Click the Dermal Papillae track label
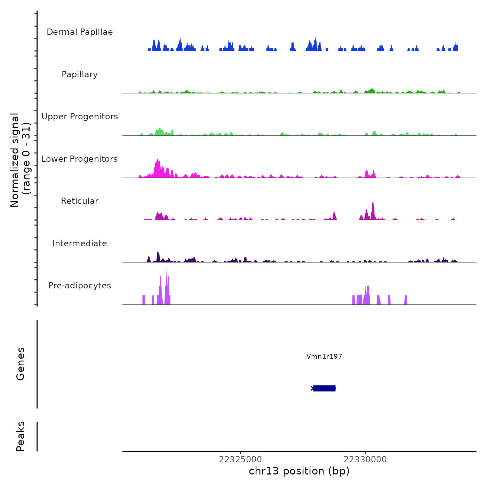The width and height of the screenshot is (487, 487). click(80, 32)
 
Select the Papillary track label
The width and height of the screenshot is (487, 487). click(80, 74)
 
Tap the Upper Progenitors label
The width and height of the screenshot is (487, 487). click(80, 117)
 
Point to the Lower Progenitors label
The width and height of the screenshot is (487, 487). click(80, 159)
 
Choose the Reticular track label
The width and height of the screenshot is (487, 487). click(80, 201)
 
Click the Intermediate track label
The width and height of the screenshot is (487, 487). click(80, 243)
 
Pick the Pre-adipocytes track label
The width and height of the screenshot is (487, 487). click(80, 286)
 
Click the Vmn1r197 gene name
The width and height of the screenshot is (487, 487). click(324, 356)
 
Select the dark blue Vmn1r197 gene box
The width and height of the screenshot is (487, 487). click(324, 388)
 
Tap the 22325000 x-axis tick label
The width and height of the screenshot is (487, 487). click(240, 460)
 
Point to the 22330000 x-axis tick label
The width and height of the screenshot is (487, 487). click(365, 460)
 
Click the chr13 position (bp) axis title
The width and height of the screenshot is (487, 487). click(299, 471)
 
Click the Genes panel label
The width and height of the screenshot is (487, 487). click(21, 364)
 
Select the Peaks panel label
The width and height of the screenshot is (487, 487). click(21, 436)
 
